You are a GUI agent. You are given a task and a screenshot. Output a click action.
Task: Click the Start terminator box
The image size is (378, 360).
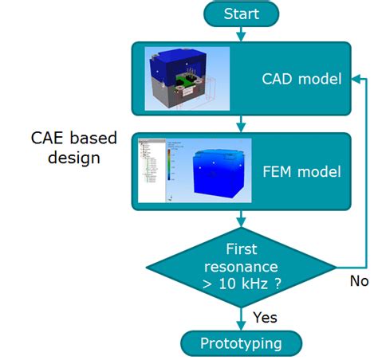tap(241, 14)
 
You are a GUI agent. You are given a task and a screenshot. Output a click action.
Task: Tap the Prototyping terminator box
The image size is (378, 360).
tap(241, 344)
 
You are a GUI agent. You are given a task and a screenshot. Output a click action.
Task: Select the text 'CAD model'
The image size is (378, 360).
tap(301, 79)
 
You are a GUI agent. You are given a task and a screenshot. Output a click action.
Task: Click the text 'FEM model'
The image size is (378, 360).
tap(301, 171)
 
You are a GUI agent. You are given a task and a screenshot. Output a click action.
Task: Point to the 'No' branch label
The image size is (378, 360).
tap(360, 281)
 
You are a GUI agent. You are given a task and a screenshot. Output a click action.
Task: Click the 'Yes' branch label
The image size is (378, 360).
tap(266, 317)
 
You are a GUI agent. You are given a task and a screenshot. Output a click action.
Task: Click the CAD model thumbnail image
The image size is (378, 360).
tap(187, 79)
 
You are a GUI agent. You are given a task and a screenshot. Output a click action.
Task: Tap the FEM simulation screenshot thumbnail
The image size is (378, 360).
tap(194, 170)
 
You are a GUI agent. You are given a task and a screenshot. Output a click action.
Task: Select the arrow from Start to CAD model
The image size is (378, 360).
tap(241, 33)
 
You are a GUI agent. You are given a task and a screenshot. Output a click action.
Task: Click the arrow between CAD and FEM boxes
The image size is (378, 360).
tap(241, 123)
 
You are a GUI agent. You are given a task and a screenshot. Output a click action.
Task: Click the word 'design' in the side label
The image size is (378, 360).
tap(73, 158)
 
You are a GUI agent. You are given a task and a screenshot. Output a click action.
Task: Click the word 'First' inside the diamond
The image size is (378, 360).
tap(241, 249)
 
